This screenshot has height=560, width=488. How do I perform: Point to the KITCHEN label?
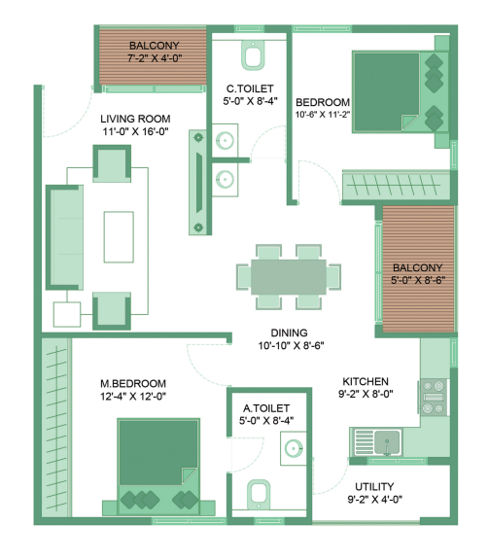(x=366, y=381)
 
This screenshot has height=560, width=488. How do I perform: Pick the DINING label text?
(x=290, y=332)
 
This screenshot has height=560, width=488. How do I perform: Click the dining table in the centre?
(x=289, y=275)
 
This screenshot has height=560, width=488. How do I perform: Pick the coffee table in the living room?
(x=120, y=233)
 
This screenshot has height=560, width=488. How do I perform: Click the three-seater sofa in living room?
(x=63, y=233)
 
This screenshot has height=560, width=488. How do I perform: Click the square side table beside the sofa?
(x=66, y=313)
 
